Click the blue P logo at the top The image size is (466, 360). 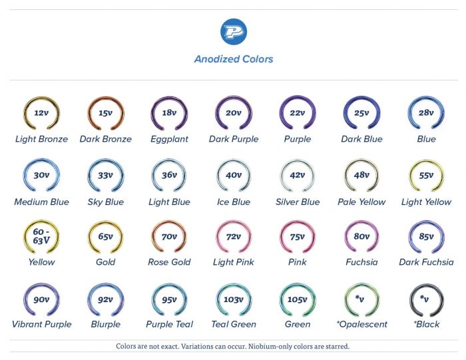[x=233, y=32]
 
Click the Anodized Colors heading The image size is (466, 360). [x=233, y=59]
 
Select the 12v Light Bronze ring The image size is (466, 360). [x=41, y=113]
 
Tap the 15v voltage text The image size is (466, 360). [x=105, y=112]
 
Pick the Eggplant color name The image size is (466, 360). [x=169, y=139]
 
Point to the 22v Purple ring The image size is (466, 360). [x=297, y=113]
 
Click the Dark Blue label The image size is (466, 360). [x=361, y=139]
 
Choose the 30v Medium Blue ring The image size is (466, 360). [x=41, y=176]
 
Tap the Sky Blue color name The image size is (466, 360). [x=105, y=202]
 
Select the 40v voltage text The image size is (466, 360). [x=233, y=175]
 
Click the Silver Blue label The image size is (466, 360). [x=297, y=202]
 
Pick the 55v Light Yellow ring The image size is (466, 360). [x=426, y=176]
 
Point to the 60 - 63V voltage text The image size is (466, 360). [x=41, y=236]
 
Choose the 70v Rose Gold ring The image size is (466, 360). [x=169, y=237]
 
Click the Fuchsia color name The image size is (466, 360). [x=361, y=262]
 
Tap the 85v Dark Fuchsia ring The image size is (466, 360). [x=426, y=237]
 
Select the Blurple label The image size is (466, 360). [x=105, y=324]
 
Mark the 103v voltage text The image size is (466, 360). [x=233, y=299]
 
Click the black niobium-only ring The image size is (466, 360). [x=426, y=300]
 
